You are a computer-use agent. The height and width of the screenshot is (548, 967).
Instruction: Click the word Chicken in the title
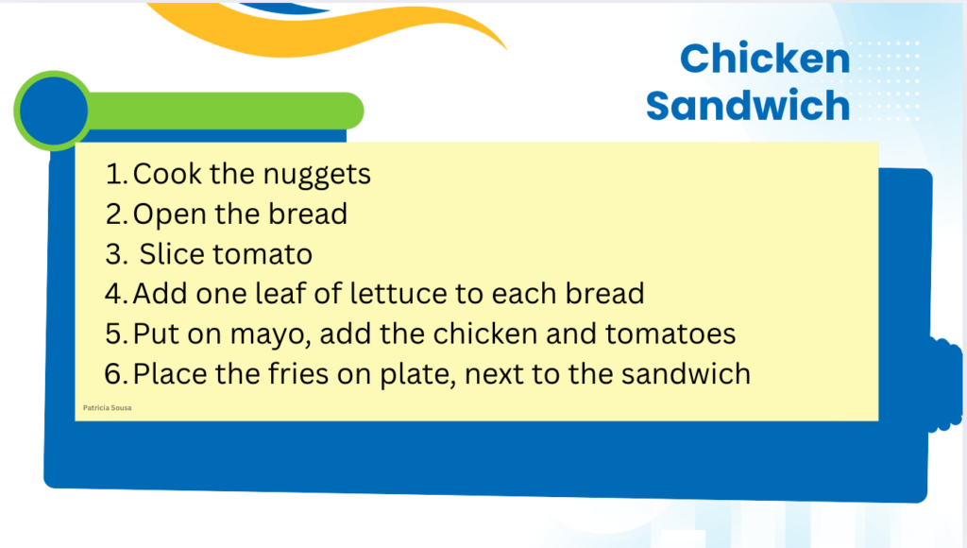(x=765, y=59)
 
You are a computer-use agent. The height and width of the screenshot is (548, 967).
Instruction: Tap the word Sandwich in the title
(x=748, y=106)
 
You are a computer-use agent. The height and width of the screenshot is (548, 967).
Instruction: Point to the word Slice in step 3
(x=172, y=253)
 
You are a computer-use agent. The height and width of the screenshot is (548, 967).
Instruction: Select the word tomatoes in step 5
(x=670, y=334)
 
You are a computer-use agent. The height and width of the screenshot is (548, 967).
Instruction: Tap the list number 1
(x=116, y=174)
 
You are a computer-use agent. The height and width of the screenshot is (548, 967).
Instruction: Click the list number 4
(x=116, y=294)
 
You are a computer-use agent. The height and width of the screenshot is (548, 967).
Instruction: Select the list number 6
(x=116, y=374)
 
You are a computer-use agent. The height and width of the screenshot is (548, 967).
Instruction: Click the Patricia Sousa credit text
(x=108, y=407)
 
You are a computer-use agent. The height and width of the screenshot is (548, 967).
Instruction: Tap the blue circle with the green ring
(x=54, y=111)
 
